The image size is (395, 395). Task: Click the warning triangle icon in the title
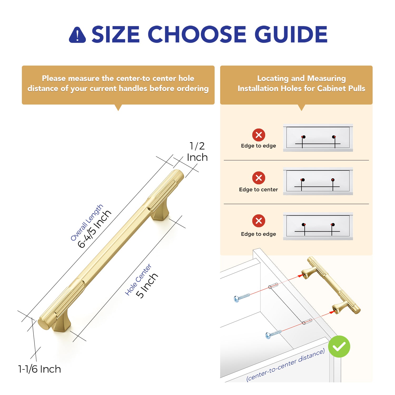77,35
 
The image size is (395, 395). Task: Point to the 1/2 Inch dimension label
197,152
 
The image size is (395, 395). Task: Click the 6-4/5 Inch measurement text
95,229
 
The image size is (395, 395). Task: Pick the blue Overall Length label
87,223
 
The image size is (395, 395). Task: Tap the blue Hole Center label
138,279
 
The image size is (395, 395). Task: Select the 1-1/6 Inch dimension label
39,369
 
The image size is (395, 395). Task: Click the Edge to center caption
258,190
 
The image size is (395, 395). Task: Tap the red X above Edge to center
259,178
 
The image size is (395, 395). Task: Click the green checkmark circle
339,347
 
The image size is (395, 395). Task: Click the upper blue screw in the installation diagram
241,297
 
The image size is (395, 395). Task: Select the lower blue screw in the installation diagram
273,334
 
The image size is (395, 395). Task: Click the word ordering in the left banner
192,88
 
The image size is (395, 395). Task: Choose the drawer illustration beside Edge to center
318,181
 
